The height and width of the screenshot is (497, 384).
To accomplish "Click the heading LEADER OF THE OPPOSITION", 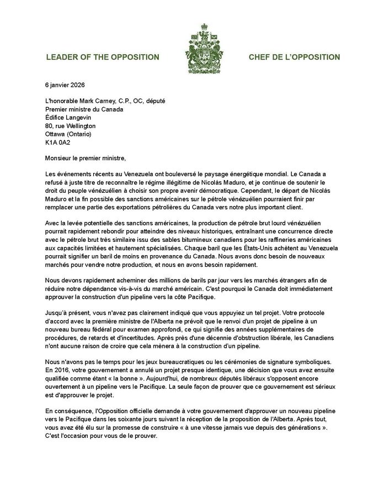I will click(103, 57).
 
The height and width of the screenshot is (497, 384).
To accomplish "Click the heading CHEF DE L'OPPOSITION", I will click(294, 57).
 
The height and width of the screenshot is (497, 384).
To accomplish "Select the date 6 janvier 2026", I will click(64, 86).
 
